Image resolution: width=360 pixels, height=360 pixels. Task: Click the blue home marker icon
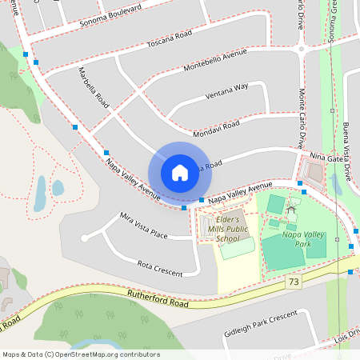click(x=179, y=172)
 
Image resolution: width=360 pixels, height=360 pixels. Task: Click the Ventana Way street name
click(x=226, y=86)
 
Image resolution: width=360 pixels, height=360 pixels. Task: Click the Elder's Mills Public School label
click(x=222, y=229)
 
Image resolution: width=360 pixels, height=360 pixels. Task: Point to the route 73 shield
click(x=294, y=282)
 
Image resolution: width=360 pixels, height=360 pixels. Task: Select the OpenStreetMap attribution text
click(x=80, y=354)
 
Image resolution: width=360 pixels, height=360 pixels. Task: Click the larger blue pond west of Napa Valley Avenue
click(x=40, y=192)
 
